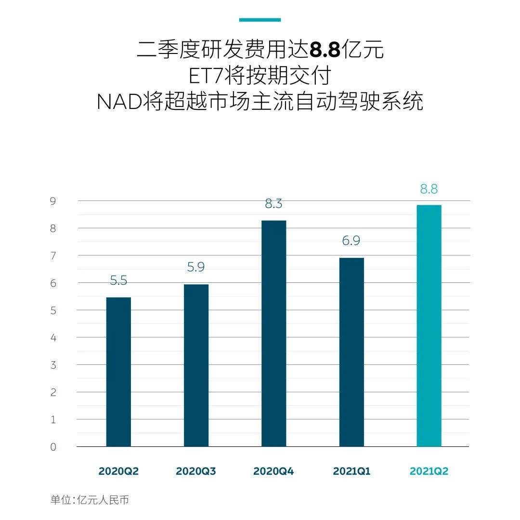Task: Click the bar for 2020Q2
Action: click(x=118, y=372)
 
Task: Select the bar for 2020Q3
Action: click(x=196, y=365)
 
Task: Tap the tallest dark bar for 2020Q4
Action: click(x=273, y=333)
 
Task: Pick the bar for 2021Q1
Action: click(x=351, y=352)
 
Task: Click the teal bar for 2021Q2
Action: click(x=429, y=326)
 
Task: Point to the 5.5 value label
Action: click(x=118, y=280)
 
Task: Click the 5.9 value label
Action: click(x=196, y=267)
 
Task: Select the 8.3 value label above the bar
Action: click(x=273, y=204)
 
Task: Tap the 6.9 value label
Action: click(x=351, y=241)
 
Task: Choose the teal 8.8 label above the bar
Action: click(x=429, y=189)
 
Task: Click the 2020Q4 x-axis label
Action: click(x=273, y=471)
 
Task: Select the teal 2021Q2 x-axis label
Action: click(x=429, y=471)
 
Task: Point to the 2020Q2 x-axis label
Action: click(x=118, y=471)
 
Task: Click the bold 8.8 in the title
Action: click(x=325, y=50)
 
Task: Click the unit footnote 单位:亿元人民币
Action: click(x=90, y=500)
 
